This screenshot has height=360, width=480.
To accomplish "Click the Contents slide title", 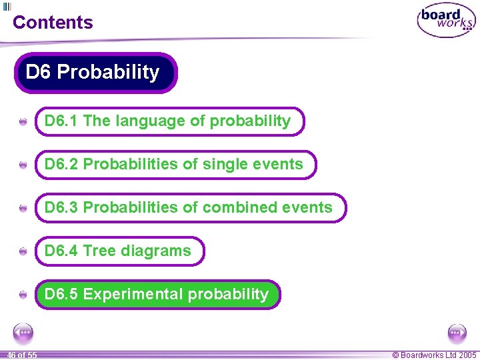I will [x=53, y=22].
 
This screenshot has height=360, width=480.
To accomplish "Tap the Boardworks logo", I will [x=446, y=21].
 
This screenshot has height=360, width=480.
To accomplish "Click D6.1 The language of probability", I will [x=169, y=121].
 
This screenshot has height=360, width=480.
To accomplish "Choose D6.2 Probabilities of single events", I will [x=175, y=165].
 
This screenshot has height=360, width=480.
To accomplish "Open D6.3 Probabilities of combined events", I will [x=190, y=208].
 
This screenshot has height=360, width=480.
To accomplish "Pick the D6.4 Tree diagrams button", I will [x=119, y=251].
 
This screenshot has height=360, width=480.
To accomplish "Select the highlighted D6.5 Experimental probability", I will [x=157, y=295].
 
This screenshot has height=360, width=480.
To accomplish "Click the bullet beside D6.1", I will [x=23, y=122].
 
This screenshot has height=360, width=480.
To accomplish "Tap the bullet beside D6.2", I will [x=23, y=165].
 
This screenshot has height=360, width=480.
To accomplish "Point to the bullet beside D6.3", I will [x=23, y=209].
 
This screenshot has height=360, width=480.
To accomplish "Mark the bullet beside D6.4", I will [x=23, y=252].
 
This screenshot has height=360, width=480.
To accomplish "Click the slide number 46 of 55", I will [x=22, y=355].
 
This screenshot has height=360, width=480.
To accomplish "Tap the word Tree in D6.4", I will [x=100, y=251].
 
